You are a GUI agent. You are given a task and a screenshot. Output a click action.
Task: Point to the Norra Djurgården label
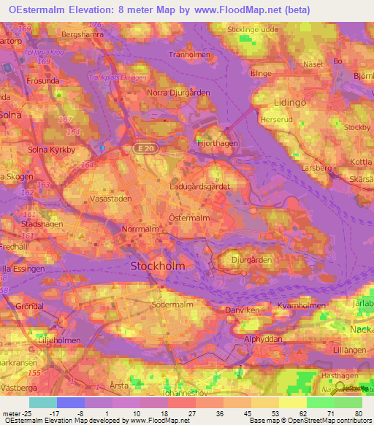(x=178, y=93)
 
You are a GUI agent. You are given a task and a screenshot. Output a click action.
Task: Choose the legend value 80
(x=357, y=413)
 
